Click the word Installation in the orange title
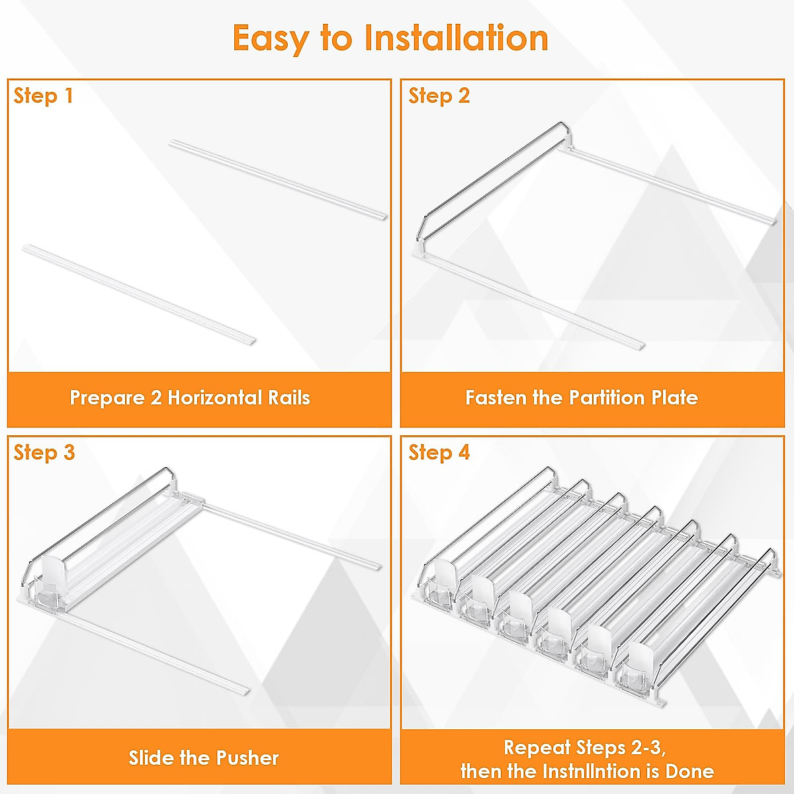456,38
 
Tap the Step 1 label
43,97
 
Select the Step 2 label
439,97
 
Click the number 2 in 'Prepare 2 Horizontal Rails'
155,398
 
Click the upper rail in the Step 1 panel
278,180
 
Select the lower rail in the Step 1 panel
139,294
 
